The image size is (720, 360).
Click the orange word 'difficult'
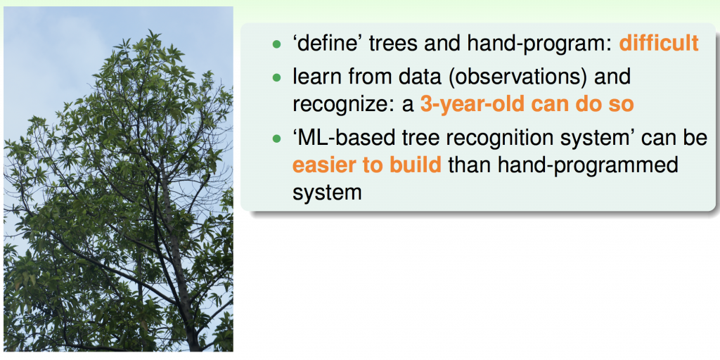(x=659, y=44)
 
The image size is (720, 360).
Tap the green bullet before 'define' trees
(x=276, y=44)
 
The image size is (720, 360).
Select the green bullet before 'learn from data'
(x=276, y=77)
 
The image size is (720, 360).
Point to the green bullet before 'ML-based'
(x=276, y=139)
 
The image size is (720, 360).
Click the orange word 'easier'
(x=323, y=165)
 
